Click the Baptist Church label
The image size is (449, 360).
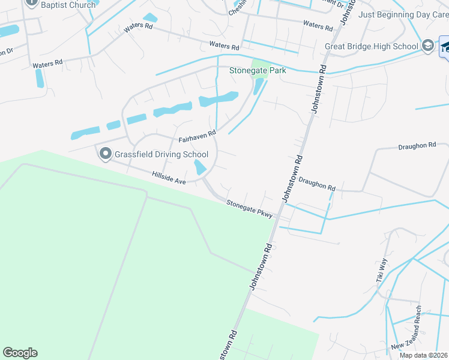[68, 5]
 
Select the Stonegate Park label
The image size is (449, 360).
[258, 70]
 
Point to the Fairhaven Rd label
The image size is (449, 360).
[197, 137]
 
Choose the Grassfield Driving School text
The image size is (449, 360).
[161, 155]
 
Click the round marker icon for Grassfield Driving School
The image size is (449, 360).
[106, 155]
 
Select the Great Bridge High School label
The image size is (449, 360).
[371, 46]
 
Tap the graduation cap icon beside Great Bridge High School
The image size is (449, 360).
[427, 46]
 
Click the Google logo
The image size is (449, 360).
[20, 353]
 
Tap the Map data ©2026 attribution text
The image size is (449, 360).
[424, 355]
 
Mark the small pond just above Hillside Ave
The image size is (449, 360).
[200, 167]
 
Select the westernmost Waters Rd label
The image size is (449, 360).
[47, 63]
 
